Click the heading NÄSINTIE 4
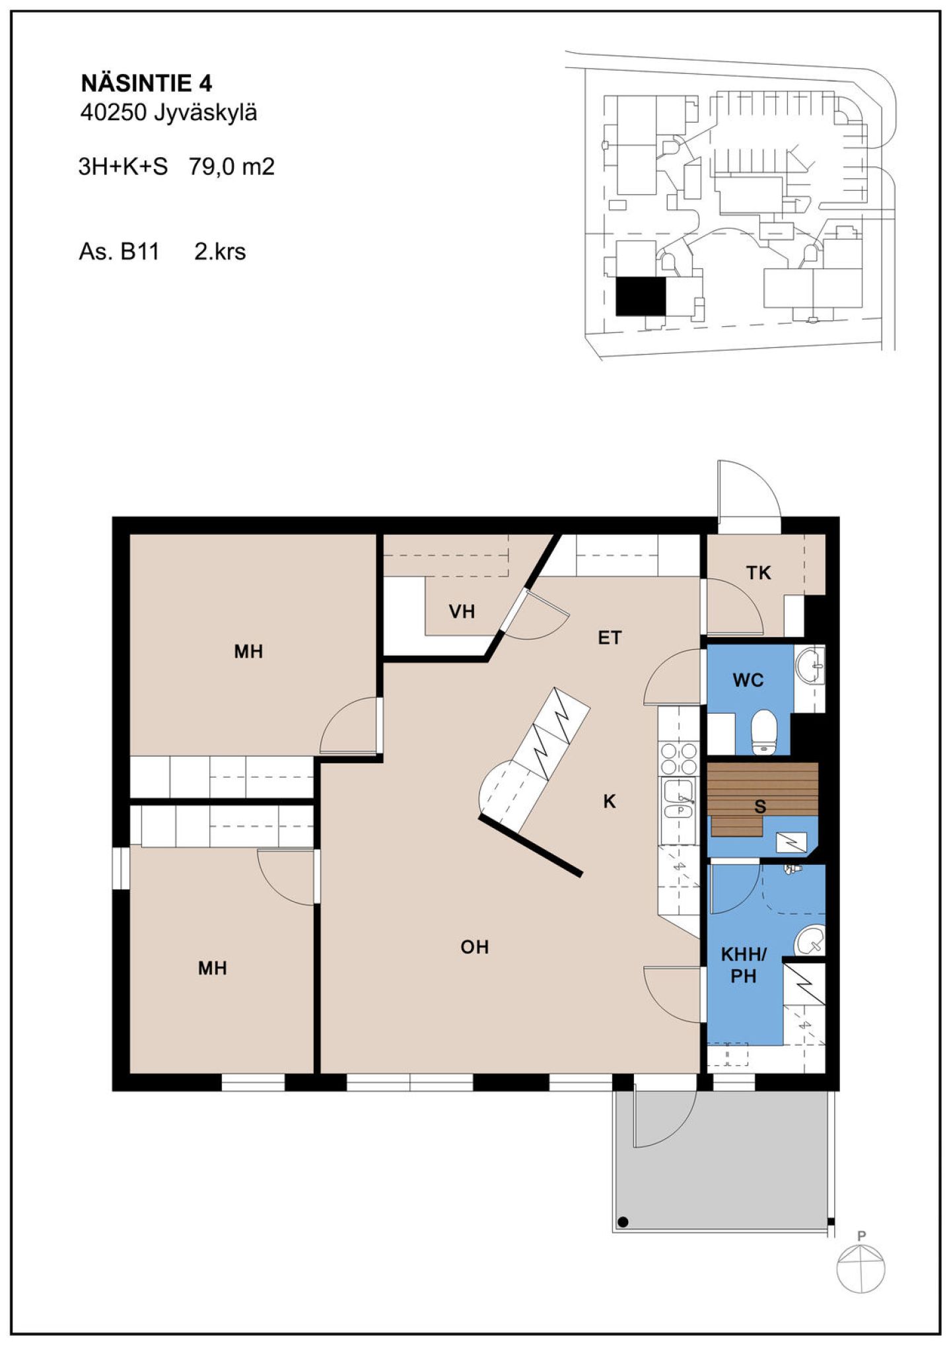tap(146, 84)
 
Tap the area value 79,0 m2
tap(232, 167)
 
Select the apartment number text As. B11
tap(119, 252)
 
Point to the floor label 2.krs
tap(220, 252)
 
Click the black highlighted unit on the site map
tap(641, 296)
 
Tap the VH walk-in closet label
tap(462, 611)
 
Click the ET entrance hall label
tap(610, 638)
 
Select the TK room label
tap(759, 572)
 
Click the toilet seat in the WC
tap(765, 732)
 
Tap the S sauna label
tap(760, 806)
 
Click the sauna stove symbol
tap(791, 841)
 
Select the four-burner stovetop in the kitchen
tap(679, 758)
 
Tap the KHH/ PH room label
tap(744, 965)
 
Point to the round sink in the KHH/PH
tap(810, 940)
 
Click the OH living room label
tap(475, 947)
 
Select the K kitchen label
tap(610, 802)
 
